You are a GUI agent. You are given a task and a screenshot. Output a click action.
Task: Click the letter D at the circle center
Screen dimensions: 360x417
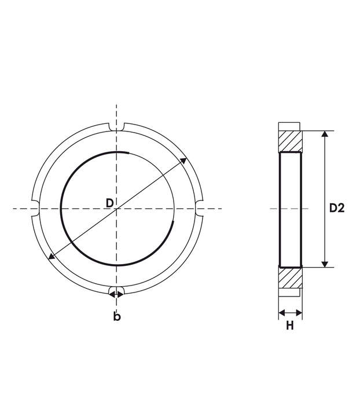[x=109, y=203]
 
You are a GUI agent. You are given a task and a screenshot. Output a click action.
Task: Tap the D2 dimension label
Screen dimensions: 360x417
[x=337, y=208]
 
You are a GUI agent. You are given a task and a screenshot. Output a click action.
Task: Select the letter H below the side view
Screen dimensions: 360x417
[x=290, y=325]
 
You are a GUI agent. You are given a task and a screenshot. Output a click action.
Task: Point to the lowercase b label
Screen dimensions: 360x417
[x=117, y=316]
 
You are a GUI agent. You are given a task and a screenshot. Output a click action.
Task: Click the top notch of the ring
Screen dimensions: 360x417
[x=117, y=127]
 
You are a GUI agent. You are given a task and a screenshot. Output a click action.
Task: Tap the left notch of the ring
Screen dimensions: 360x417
[x=35, y=209]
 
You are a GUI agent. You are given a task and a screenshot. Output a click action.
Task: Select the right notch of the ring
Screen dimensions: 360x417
[x=199, y=209]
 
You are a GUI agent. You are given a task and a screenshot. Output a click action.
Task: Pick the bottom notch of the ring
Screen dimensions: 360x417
[x=117, y=291]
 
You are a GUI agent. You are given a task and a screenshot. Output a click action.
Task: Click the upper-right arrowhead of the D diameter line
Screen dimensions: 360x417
[x=183, y=160]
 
